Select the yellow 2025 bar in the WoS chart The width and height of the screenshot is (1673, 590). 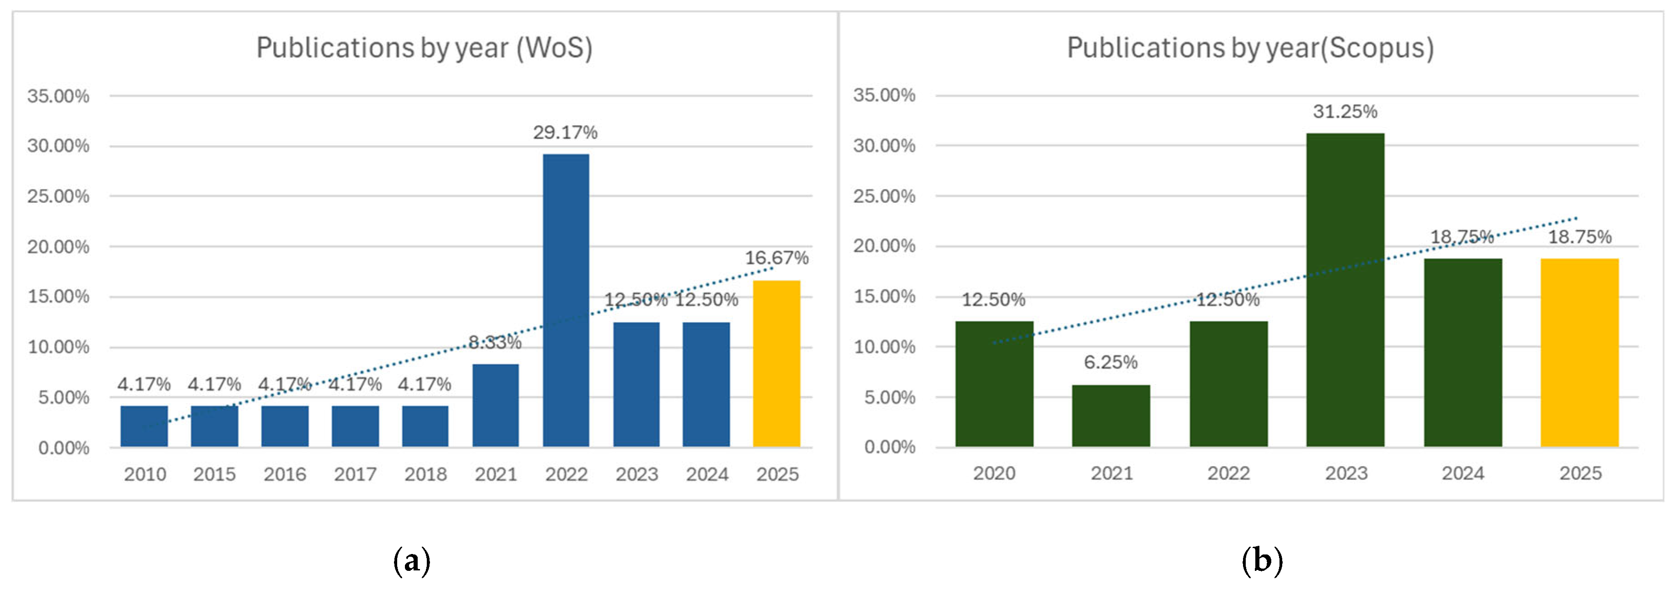point(776,364)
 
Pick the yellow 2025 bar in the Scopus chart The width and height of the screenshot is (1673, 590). point(1580,353)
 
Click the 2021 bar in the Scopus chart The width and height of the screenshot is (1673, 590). point(1111,416)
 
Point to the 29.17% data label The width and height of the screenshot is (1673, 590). point(565,133)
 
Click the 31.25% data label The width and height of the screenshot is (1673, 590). point(1345,112)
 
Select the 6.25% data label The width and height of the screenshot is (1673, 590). point(1111,362)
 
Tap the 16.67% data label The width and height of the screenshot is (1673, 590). point(776,258)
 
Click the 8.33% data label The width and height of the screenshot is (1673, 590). point(495,342)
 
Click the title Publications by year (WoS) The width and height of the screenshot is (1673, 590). point(424,48)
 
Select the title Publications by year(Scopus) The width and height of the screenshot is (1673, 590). point(1250,48)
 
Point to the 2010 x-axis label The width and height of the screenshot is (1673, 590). point(145,474)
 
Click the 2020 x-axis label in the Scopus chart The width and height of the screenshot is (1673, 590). point(994,473)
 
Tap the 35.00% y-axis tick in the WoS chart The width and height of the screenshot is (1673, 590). point(58,96)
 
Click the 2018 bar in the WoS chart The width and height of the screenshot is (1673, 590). point(425,426)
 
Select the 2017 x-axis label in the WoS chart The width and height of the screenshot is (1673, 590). point(355,474)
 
